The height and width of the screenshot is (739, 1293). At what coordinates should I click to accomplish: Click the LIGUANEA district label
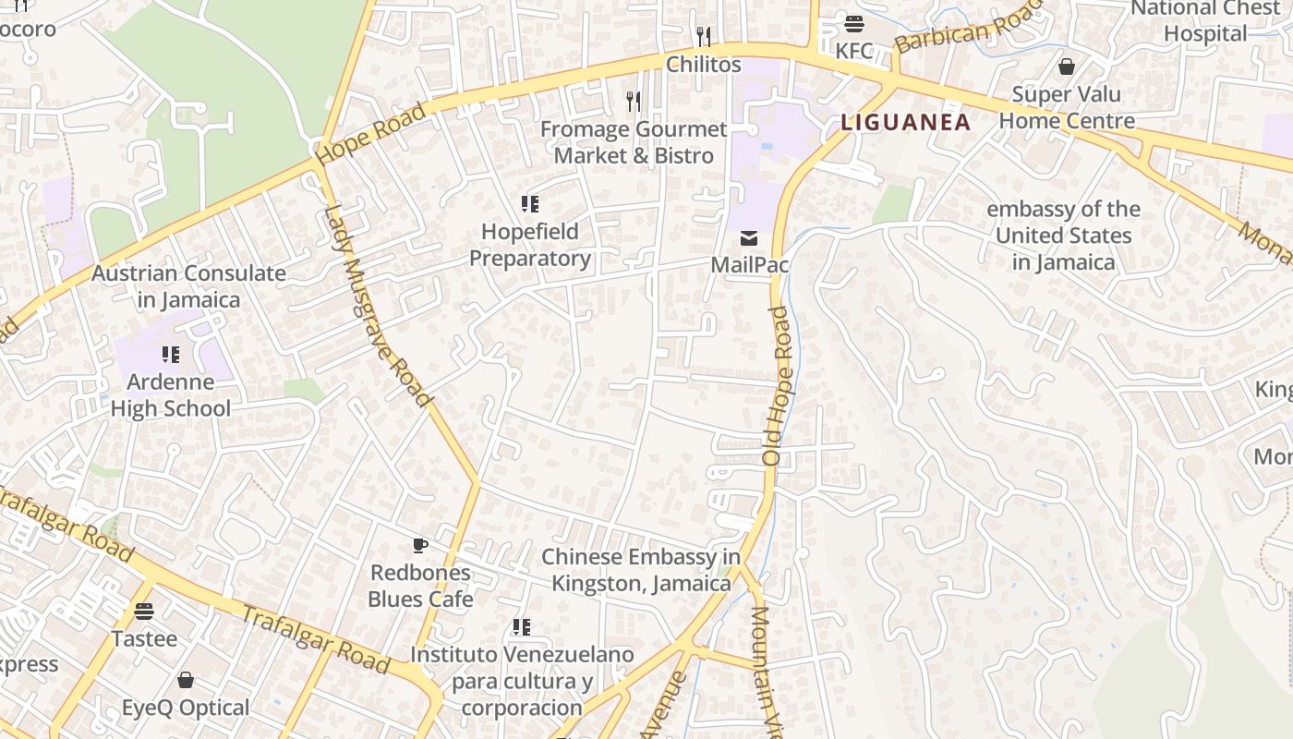coord(905,122)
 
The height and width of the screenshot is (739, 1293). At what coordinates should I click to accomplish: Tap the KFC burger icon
coord(853,24)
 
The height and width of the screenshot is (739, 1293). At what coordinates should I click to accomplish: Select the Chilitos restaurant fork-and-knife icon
coord(704,37)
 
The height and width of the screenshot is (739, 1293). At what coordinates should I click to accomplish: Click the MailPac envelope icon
coord(749,238)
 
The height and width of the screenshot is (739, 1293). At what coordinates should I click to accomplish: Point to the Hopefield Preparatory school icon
coord(529,204)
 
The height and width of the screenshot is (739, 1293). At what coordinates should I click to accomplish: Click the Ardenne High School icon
coord(170,355)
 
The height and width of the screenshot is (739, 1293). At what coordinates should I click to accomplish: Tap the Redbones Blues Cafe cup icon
coord(420,546)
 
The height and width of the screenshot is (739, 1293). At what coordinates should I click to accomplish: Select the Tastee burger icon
coord(144,612)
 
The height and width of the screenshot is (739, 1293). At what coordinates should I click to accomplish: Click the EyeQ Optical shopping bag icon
coord(186,681)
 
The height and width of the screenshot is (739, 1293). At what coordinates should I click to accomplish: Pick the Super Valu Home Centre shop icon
coord(1067,67)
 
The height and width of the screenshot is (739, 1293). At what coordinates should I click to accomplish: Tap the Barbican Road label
coord(968,25)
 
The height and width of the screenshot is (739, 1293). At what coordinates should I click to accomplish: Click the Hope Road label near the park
coord(372,135)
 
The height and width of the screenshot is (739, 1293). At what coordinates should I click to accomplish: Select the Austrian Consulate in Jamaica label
coord(188,286)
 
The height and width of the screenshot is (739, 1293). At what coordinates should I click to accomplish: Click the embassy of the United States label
coord(1063,236)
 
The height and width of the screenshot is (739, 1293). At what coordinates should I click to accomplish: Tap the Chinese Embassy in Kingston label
coord(641,570)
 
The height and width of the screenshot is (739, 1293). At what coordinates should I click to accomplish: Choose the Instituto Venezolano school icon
coord(522,628)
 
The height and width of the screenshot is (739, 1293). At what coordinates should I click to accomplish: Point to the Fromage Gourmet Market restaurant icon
coord(634,101)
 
